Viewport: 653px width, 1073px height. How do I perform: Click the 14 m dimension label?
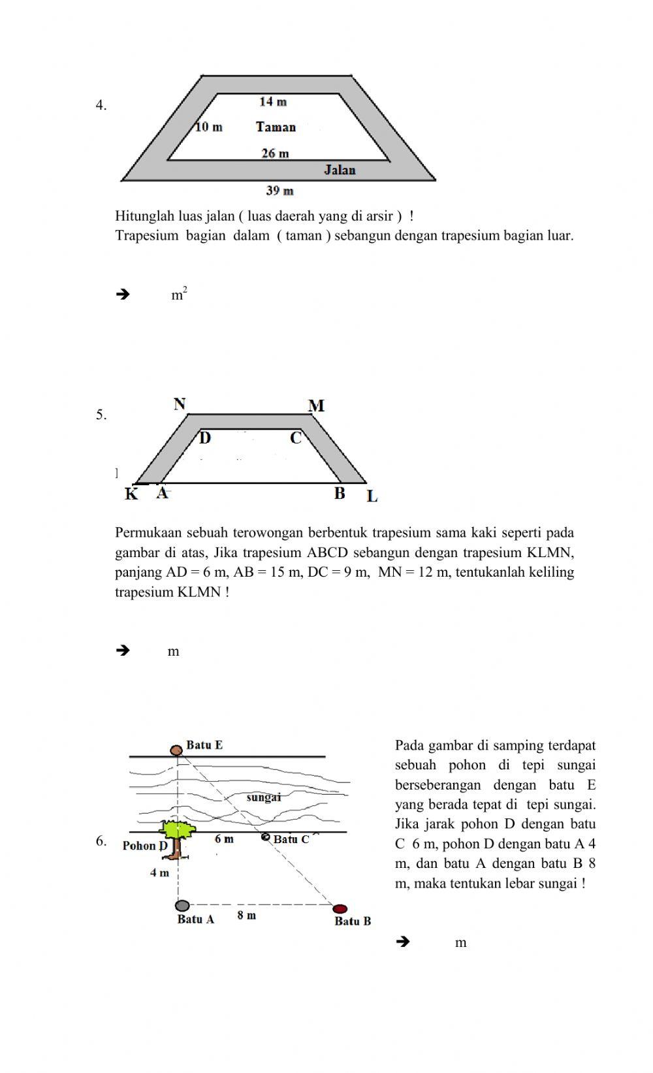click(x=273, y=102)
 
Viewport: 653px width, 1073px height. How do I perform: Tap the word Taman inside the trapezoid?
click(x=276, y=127)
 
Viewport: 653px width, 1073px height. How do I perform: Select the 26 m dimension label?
click(x=275, y=153)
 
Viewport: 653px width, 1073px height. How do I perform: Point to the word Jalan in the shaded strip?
click(x=340, y=170)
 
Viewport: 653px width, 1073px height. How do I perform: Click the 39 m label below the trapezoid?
click(x=279, y=191)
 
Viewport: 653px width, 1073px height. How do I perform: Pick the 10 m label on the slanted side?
click(x=209, y=127)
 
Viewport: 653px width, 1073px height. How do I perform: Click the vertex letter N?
click(x=180, y=404)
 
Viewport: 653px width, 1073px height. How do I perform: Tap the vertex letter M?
click(x=316, y=406)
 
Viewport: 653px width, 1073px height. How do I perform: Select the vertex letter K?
click(x=131, y=494)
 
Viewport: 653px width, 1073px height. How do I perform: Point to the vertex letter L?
click(x=372, y=496)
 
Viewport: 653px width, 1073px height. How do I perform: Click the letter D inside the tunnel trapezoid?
click(x=205, y=438)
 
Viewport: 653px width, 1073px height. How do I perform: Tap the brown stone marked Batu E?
click(x=176, y=750)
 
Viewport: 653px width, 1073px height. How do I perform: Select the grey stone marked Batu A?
click(x=182, y=906)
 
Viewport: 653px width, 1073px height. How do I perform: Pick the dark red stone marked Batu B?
click(x=340, y=908)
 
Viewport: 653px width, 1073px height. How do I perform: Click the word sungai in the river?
click(x=264, y=797)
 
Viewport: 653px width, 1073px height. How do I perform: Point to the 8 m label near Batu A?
click(x=246, y=916)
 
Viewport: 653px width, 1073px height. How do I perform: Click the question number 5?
click(x=101, y=415)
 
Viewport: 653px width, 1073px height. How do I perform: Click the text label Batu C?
click(x=291, y=839)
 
